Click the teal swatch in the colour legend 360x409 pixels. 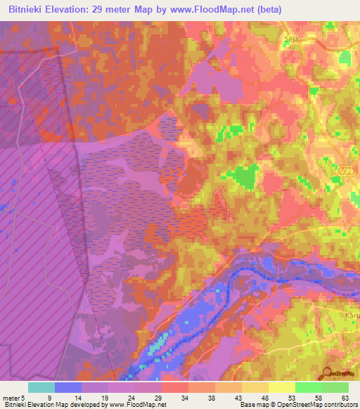tap(41, 387)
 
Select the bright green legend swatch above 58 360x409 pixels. tap(308, 387)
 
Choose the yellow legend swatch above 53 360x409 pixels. tap(281, 387)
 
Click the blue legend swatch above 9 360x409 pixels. tap(68, 387)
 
